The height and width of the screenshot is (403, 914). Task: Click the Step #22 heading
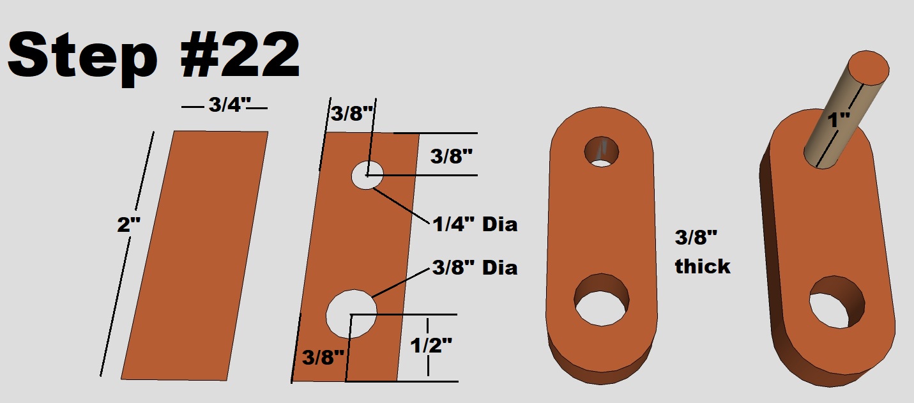click(153, 56)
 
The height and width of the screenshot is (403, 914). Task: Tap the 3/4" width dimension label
click(224, 106)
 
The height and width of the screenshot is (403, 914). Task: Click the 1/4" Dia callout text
click(474, 224)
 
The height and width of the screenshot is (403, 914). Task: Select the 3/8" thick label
click(702, 253)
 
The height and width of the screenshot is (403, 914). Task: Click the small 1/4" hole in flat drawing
click(367, 174)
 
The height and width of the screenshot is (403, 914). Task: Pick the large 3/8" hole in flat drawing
click(351, 314)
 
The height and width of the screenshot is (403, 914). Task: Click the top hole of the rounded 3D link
click(602, 151)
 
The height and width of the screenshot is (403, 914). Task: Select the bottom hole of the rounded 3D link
click(602, 302)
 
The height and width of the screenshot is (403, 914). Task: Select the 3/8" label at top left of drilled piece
click(351, 114)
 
